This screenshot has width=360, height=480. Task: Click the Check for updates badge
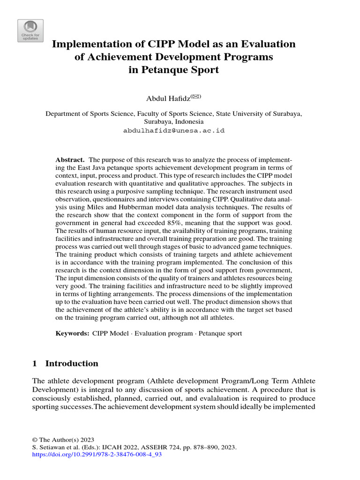coord(30,31)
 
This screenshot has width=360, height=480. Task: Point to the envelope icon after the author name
coord(195,96)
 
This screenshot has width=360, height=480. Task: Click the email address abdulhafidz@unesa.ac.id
coord(173,130)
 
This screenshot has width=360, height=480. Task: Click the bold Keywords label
coord(72,334)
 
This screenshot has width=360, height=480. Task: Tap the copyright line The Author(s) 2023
coord(63,440)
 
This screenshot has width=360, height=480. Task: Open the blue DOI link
coord(97,455)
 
